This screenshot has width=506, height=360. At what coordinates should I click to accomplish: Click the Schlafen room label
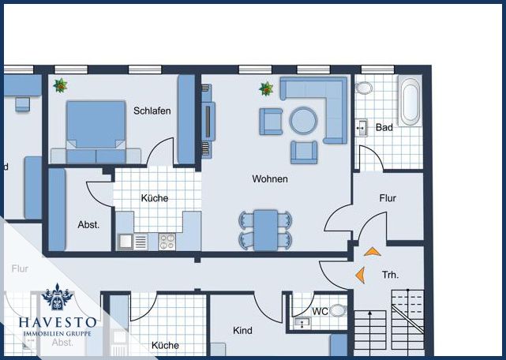(x=152, y=111)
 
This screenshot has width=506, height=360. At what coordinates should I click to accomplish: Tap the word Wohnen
(x=270, y=179)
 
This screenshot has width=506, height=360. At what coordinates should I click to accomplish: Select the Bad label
(x=384, y=127)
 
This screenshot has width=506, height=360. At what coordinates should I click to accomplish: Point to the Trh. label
(x=390, y=275)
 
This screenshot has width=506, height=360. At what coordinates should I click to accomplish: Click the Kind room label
(x=242, y=330)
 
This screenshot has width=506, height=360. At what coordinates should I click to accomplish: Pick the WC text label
(x=320, y=312)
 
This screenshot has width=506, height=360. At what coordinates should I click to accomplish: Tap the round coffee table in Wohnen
(x=303, y=121)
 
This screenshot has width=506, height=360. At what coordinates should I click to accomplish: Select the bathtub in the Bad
(x=409, y=102)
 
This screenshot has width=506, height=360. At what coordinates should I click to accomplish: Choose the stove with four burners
(x=167, y=242)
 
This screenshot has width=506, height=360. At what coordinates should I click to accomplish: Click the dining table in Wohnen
(x=265, y=230)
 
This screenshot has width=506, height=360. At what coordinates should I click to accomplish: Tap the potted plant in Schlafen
(x=60, y=84)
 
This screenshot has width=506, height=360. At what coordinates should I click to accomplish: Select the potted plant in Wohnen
(x=266, y=88)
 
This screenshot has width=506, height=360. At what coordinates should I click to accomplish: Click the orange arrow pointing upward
(x=373, y=252)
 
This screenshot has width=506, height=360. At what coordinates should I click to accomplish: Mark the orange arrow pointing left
(x=360, y=275)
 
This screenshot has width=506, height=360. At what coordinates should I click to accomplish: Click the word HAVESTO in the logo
(x=58, y=322)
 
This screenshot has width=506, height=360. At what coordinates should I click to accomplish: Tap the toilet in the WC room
(x=338, y=311)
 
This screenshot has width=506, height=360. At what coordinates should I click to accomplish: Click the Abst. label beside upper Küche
(x=88, y=225)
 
